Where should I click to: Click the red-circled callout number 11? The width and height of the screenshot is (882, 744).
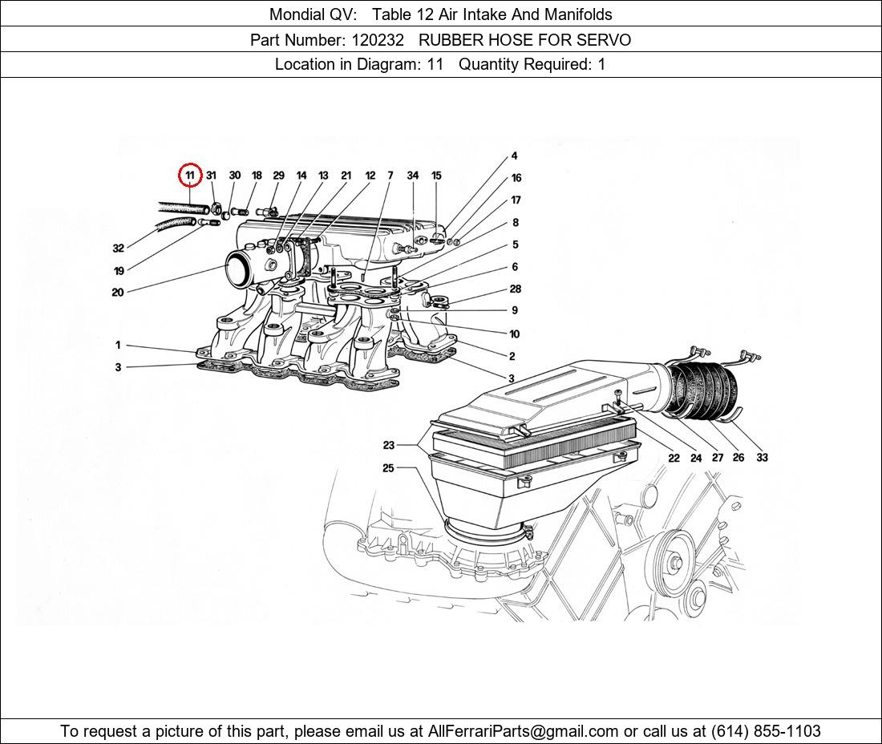pos(190,175)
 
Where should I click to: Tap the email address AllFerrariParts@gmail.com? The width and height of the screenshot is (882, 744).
pos(524,731)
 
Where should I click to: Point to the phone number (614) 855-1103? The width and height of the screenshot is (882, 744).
pos(765,731)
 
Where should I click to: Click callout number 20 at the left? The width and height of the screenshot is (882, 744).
pos(118,293)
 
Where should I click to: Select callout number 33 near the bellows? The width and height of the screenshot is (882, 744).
pos(761,458)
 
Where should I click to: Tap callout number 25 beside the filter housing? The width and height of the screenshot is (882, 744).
pos(388,468)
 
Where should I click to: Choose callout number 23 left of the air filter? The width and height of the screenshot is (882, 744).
pos(388,445)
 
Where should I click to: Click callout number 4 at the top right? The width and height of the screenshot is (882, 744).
pos(514,156)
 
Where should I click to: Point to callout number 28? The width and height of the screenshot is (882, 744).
pos(515,289)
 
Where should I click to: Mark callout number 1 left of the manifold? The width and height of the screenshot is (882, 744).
pos(118,346)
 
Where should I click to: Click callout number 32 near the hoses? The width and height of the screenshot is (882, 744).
pos(118,249)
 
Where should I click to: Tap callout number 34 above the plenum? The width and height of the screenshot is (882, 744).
pos(412,176)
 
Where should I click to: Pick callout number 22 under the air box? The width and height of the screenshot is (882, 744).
pos(674,458)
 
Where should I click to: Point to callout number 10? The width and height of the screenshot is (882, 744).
pos(514,334)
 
